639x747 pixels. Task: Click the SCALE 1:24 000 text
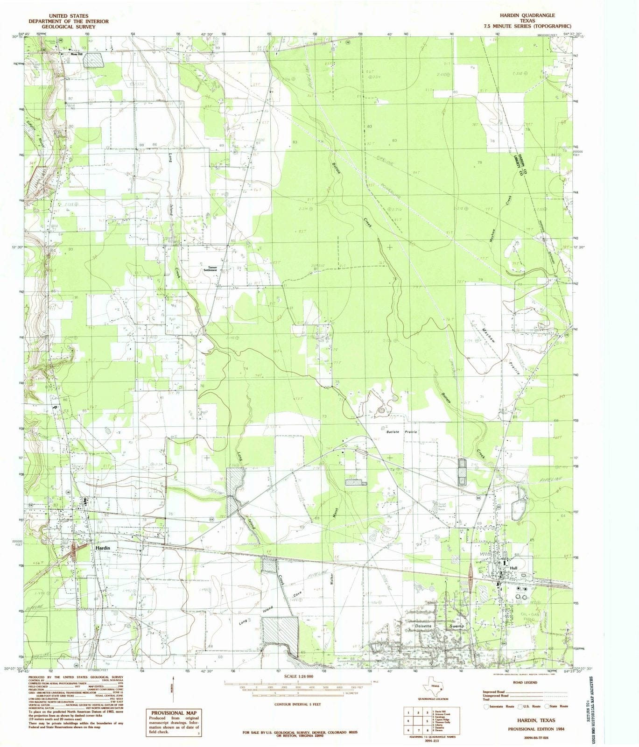[298, 677]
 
